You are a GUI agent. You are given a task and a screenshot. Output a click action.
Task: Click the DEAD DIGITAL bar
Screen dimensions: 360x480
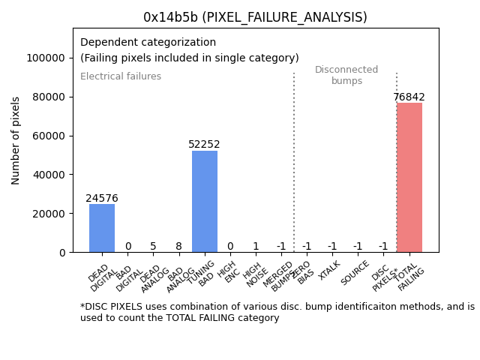102,228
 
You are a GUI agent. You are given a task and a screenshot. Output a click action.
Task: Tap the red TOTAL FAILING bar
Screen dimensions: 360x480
409,177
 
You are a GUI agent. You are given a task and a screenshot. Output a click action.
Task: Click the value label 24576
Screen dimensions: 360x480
102,199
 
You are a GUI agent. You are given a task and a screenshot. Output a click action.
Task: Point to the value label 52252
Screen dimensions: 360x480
205,145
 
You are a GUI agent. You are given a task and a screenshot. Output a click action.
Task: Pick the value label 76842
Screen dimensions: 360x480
409,97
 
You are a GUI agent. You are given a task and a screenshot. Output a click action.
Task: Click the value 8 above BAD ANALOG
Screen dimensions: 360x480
178,246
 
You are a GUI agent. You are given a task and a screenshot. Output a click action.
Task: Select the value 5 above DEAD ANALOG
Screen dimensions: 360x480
153,246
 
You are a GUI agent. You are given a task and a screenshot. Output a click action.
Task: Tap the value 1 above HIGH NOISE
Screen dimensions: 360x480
256,246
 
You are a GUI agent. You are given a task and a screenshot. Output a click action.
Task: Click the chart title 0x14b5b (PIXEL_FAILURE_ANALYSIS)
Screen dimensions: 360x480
255,17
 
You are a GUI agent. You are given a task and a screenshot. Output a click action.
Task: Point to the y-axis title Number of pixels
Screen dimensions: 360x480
16,140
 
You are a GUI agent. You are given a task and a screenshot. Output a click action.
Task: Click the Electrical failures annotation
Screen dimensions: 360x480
121,76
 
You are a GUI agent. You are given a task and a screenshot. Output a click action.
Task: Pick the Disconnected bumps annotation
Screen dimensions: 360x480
346,76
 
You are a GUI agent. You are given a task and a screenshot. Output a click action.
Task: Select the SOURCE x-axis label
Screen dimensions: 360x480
355,273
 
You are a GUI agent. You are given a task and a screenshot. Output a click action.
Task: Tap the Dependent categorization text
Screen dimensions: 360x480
148,43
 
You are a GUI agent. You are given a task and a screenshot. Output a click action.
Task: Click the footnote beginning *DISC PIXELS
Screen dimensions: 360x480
277,312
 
